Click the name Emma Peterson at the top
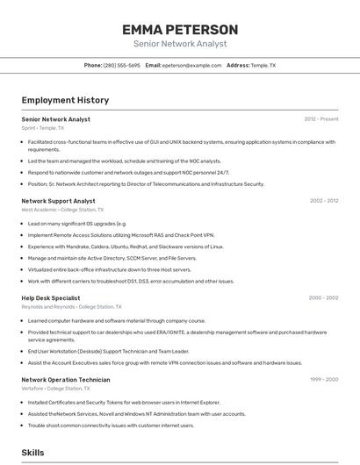tap(180, 30)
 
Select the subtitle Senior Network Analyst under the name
tap(180, 44)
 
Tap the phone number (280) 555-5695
tap(121, 66)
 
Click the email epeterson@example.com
tap(191, 66)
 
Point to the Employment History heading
tap(65, 101)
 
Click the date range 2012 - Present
tap(321, 119)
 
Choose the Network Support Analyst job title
tap(58, 201)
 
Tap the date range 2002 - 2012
tap(324, 201)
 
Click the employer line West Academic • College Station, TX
tap(62, 210)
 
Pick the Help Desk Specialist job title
tap(51, 298)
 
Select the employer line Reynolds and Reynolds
tap(71, 307)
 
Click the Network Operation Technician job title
tap(66, 380)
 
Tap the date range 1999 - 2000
tap(324, 380)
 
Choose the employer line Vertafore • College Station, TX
tap(61, 389)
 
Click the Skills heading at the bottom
tap(33, 453)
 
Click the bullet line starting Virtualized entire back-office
tap(109, 270)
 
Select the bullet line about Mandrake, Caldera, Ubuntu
tap(126, 247)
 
